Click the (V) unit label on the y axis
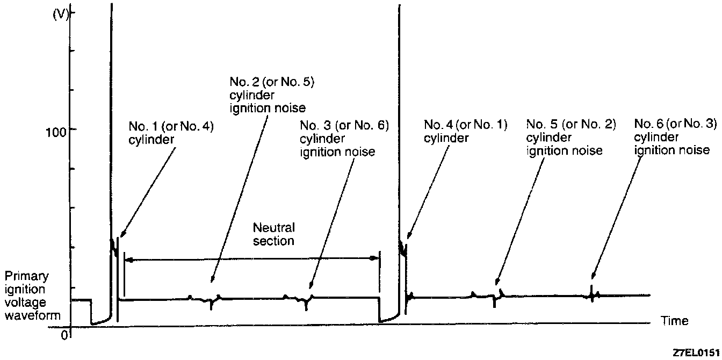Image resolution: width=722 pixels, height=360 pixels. tap(61, 15)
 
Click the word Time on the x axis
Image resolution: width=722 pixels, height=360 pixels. tap(674, 321)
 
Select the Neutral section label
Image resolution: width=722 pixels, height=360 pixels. tap(274, 234)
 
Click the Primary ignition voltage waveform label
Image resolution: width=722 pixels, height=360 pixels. tap(32, 296)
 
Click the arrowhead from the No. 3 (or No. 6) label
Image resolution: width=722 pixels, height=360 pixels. tap(311, 287)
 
